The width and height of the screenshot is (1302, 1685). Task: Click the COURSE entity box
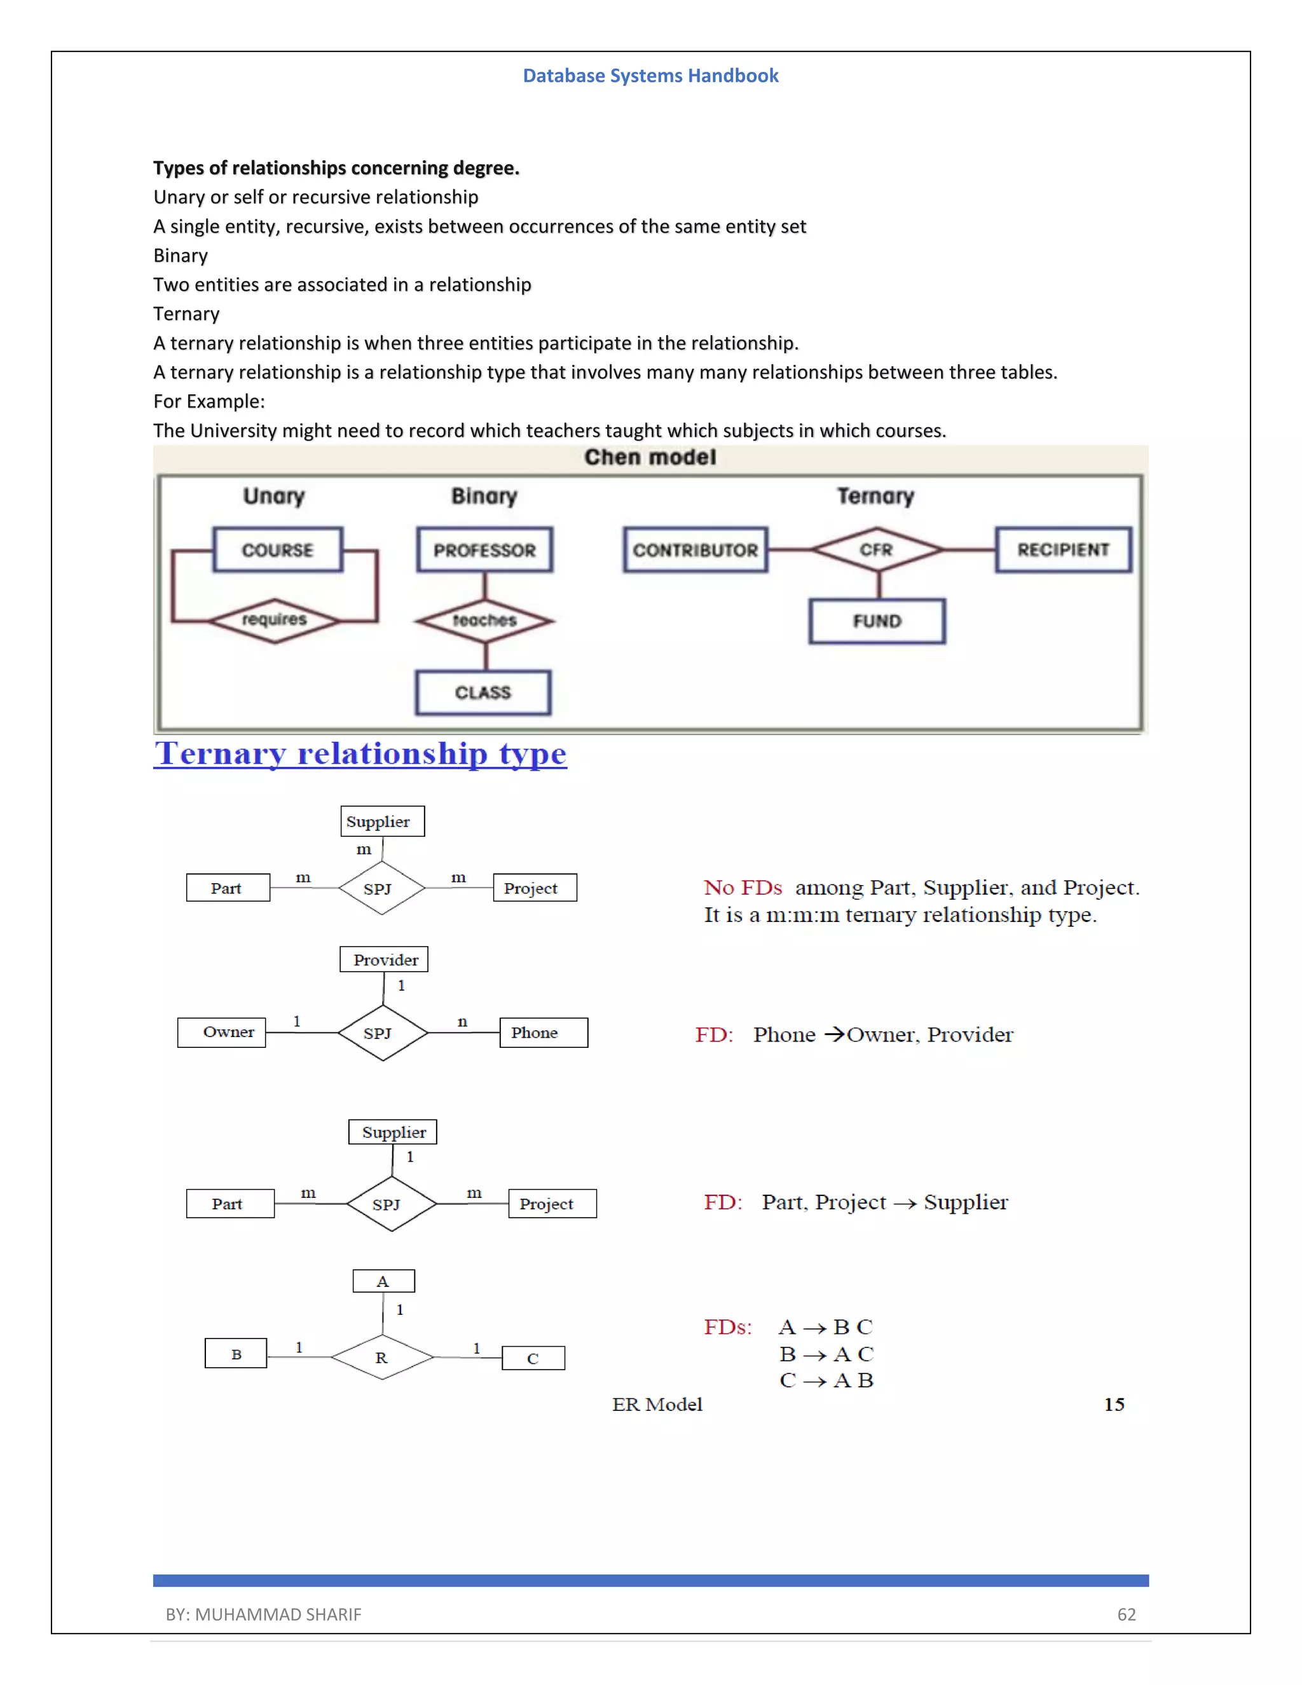tap(278, 550)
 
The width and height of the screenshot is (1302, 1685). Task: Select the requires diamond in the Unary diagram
tap(275, 621)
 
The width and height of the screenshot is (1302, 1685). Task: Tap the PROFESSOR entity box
tap(484, 550)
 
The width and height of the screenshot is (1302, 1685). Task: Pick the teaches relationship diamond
tap(484, 621)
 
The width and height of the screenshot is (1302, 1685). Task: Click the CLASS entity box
tap(483, 693)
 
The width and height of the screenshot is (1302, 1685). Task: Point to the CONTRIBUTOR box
tap(695, 550)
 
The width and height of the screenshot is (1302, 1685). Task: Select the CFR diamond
tap(877, 549)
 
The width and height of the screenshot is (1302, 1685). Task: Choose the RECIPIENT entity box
tap(1063, 549)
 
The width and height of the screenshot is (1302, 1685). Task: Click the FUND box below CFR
tap(877, 621)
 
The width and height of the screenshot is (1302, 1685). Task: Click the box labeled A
tap(383, 1281)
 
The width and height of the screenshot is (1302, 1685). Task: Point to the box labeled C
tap(533, 1358)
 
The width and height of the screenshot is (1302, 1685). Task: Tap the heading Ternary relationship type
tap(360, 753)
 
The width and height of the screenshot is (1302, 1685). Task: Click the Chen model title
tap(650, 458)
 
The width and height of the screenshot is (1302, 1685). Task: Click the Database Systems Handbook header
tap(650, 76)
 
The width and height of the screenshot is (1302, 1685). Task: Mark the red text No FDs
tap(742, 888)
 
